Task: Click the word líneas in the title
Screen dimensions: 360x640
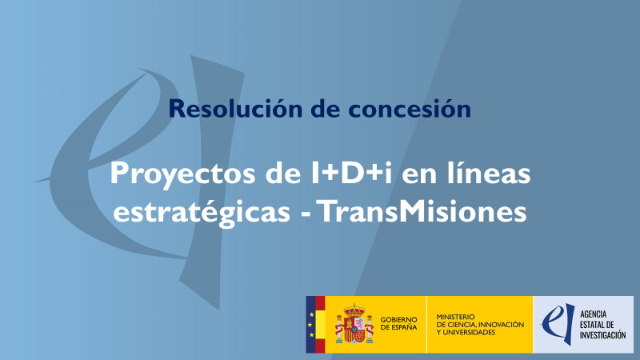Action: pyautogui.click(x=481, y=173)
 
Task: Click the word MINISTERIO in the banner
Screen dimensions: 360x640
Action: pyautogui.click(x=457, y=317)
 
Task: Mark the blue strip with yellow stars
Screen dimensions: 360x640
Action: pyautogui.click(x=310, y=324)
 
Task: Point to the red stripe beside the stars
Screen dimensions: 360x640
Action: pyautogui.click(x=320, y=324)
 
